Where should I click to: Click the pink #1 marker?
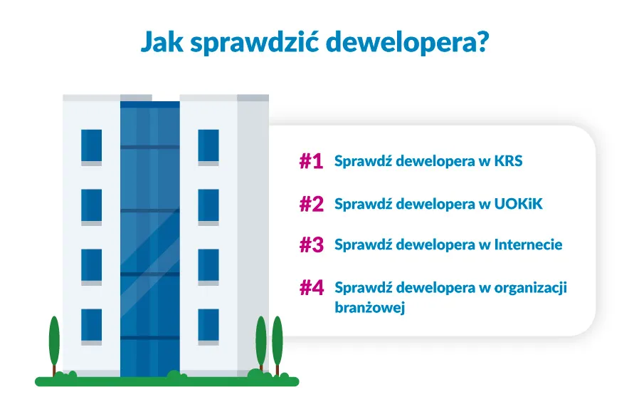(311, 162)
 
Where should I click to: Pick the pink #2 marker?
(312, 205)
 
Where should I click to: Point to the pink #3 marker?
(312, 245)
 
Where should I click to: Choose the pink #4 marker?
(312, 288)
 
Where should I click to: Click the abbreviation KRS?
(509, 161)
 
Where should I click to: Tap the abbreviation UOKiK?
(518, 205)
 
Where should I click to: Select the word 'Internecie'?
(529, 244)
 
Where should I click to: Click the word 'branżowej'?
(369, 309)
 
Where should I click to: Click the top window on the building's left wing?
(91, 145)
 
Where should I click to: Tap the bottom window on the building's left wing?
(91, 325)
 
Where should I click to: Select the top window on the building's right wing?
(208, 145)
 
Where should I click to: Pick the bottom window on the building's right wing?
(208, 325)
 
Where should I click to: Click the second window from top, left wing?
(91, 205)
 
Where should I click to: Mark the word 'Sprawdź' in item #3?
(363, 245)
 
